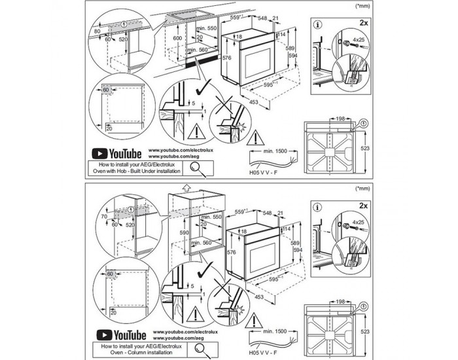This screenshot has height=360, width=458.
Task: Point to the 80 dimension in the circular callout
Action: tap(97, 30)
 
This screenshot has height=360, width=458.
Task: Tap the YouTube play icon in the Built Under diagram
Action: tap(103, 153)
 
